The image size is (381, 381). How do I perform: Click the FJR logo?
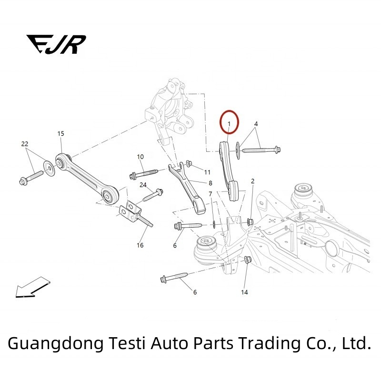[56, 44]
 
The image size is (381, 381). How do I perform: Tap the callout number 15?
[60, 134]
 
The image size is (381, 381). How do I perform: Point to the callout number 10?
[140, 157]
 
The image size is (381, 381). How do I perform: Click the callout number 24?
[143, 184]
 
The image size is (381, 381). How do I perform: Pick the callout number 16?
[140, 245]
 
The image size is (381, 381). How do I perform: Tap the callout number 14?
[245, 291]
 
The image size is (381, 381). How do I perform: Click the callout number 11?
[207, 171]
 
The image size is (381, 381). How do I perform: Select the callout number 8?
[210, 183]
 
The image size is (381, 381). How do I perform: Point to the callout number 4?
[256, 124]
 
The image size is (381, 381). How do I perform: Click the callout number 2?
[252, 181]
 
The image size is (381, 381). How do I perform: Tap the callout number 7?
[210, 194]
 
